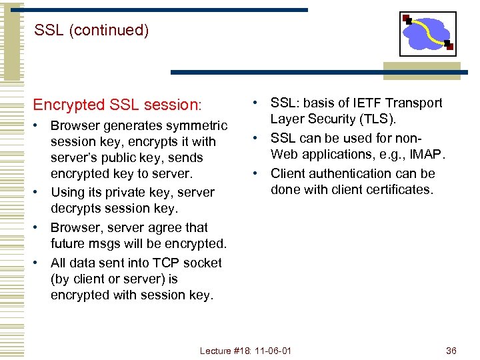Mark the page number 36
451,351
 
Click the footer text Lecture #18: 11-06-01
246,351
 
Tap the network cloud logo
427,33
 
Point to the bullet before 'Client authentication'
255,173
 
